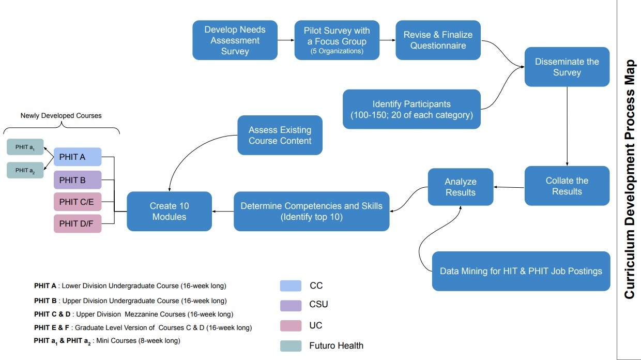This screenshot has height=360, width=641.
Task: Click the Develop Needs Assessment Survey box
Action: [235, 40]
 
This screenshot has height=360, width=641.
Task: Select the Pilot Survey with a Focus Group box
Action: [337, 40]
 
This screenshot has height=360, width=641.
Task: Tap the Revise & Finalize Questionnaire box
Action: [438, 40]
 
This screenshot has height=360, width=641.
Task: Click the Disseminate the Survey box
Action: [567, 67]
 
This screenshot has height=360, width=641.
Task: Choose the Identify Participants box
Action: [411, 109]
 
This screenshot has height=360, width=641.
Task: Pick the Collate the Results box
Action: [567, 186]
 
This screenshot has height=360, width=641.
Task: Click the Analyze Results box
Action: [460, 187]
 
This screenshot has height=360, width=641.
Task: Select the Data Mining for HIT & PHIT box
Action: [521, 271]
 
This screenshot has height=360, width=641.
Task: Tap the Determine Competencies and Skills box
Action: [311, 211]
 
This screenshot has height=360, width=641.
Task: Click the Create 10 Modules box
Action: [169, 211]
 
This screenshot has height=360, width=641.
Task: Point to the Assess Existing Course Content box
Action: [280, 135]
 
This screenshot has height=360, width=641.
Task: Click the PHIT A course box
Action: [78, 157]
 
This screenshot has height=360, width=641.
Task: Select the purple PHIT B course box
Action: [78, 180]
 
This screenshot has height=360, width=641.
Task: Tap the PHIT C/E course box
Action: [78, 202]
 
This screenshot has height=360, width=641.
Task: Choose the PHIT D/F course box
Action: [78, 224]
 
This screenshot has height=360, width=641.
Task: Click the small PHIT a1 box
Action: [25, 147]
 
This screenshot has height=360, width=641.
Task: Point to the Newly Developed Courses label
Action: [61, 116]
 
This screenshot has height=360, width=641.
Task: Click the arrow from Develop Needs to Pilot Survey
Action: [286, 40]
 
